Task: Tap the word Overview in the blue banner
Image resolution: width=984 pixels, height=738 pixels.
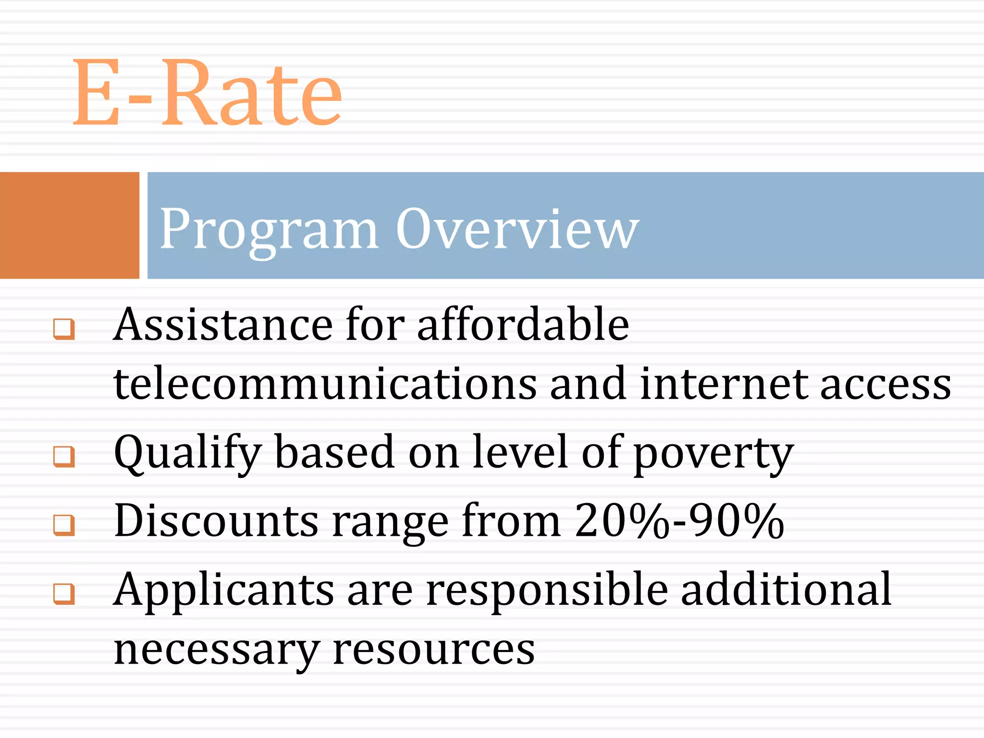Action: (x=517, y=229)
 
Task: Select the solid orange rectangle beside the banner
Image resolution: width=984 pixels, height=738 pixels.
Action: (x=69, y=225)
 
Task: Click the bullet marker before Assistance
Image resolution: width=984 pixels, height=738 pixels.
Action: (x=64, y=329)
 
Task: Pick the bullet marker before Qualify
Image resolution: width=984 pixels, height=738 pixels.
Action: (x=64, y=456)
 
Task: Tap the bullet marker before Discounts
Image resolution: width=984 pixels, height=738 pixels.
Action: (x=64, y=525)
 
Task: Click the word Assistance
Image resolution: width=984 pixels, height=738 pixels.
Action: (x=223, y=325)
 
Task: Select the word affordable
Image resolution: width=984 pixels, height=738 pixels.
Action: (x=523, y=325)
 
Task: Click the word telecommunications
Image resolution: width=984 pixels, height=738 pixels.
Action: (x=325, y=384)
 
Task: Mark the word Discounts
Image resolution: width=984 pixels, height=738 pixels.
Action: (x=216, y=521)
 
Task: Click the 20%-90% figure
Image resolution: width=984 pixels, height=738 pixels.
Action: (x=679, y=521)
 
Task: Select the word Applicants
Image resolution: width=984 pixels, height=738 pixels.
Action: (x=224, y=591)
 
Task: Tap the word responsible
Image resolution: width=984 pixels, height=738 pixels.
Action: (x=547, y=591)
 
